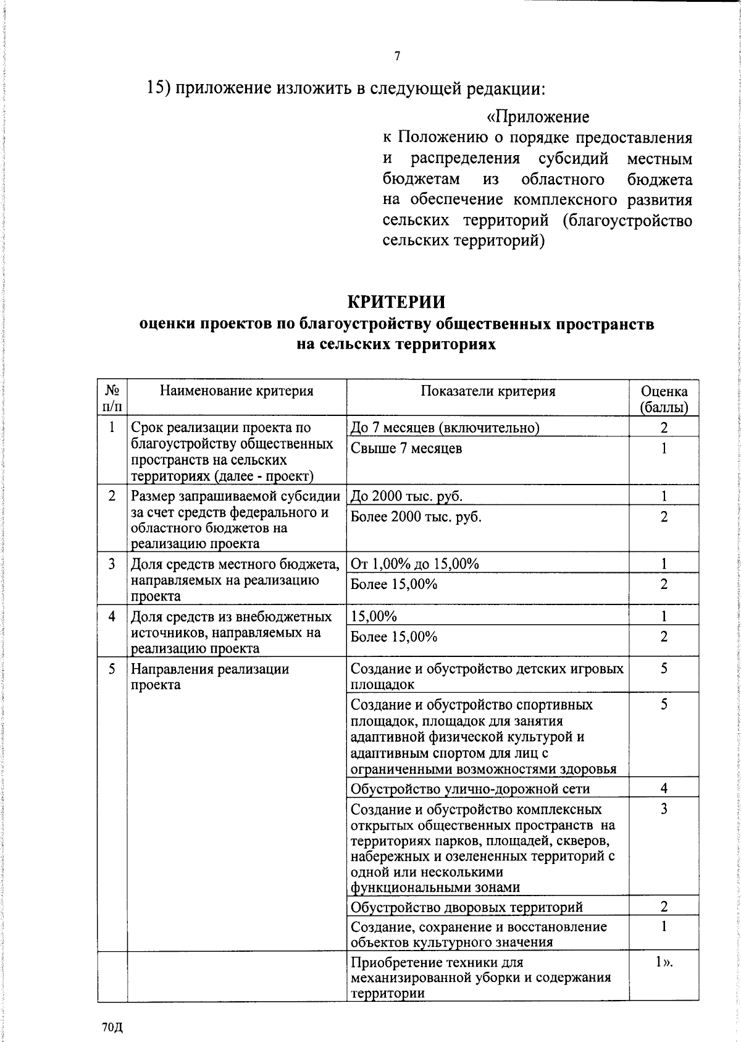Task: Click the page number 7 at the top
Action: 397,56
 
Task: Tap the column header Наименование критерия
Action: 237,391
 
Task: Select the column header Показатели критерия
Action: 488,391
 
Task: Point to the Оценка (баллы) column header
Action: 664,399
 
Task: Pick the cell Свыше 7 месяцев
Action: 406,449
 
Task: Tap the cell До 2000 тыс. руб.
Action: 406,496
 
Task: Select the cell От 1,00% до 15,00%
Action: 414,564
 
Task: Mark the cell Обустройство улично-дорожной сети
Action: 470,789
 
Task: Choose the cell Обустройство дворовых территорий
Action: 466,907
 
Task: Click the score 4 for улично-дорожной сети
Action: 664,788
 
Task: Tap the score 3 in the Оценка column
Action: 664,809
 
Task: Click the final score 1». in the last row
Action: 664,962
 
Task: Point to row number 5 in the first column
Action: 112,669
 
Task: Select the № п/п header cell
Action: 112,399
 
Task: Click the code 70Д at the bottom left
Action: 113,1027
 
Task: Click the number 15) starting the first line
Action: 158,88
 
